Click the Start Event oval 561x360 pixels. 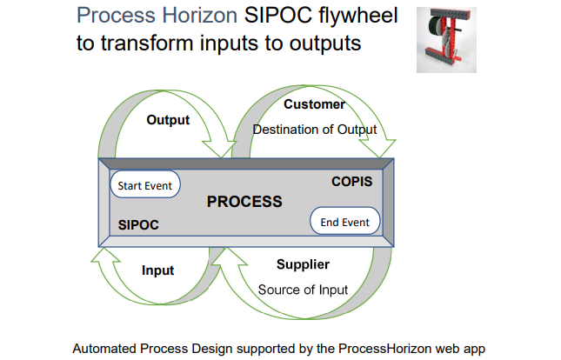click(145, 185)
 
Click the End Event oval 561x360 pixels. click(344, 222)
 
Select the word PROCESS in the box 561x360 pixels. click(244, 202)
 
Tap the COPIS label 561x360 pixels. click(351, 182)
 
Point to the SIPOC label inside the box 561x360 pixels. click(138, 224)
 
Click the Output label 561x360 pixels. click(168, 120)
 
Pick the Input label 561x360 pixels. click(158, 270)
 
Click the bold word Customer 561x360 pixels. click(314, 104)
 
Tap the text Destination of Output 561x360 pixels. click(314, 130)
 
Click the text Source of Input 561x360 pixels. click(303, 290)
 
